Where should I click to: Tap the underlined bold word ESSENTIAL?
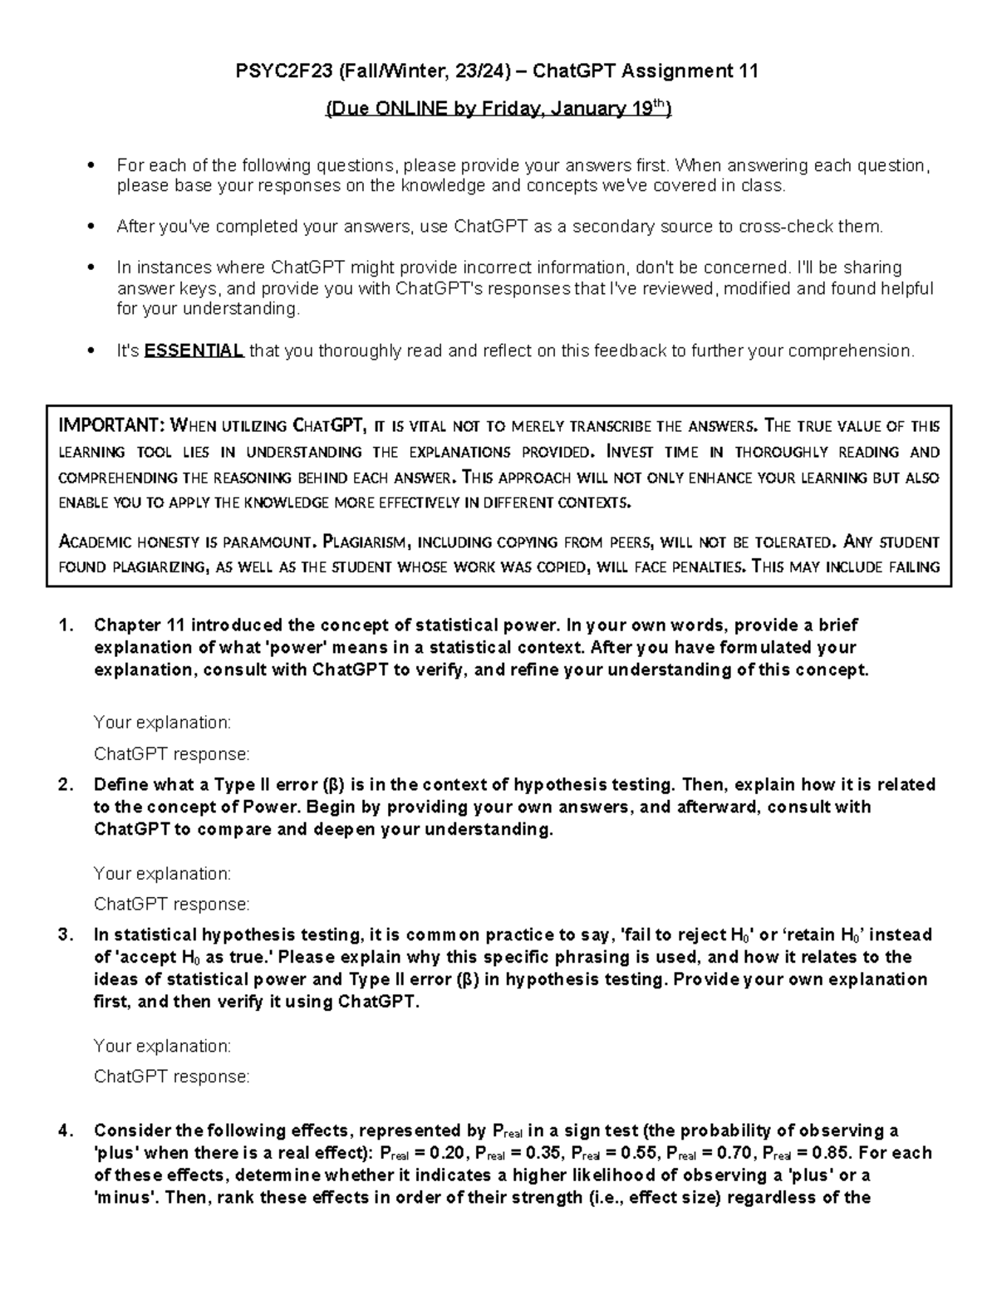coord(194,351)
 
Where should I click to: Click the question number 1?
coord(66,625)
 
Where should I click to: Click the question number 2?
coord(66,785)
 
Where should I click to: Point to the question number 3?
coord(66,934)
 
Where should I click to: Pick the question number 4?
coord(66,1131)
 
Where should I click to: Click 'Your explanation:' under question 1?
coord(162,723)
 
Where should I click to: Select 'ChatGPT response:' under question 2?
coord(171,904)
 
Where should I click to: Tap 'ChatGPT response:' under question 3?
coord(171,1077)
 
